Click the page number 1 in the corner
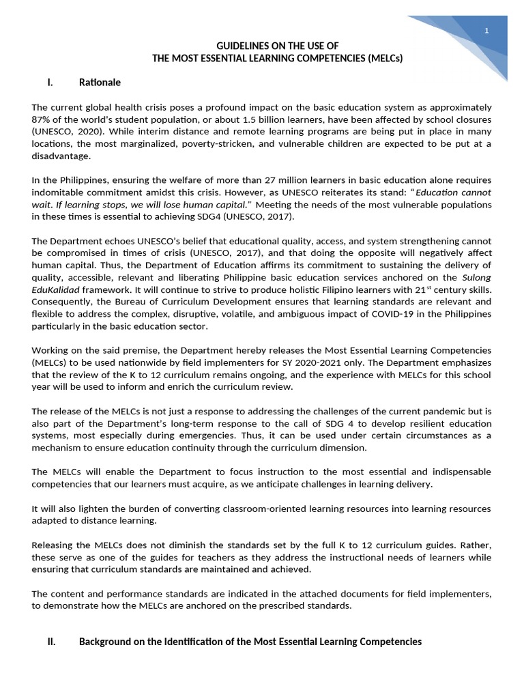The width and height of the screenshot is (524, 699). (x=486, y=31)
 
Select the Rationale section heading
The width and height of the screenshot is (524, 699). (x=100, y=83)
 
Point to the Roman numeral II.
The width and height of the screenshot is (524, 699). (x=51, y=642)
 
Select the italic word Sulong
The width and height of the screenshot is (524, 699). (x=476, y=277)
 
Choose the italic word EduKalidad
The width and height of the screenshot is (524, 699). (x=57, y=289)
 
